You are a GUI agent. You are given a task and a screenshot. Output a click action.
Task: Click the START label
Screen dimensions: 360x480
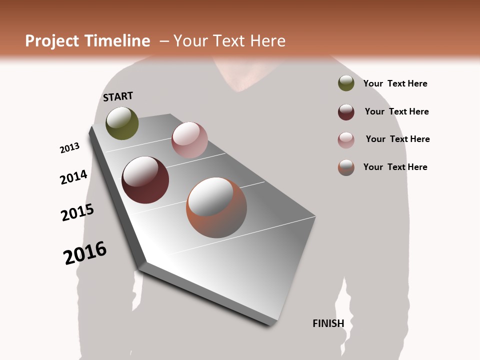coord(118,96)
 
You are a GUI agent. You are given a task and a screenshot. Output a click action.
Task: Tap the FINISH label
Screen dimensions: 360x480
coord(328,323)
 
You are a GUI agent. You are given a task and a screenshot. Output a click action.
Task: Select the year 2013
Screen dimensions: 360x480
coord(69,148)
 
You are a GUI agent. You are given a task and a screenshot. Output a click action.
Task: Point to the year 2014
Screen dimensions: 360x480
coord(73,177)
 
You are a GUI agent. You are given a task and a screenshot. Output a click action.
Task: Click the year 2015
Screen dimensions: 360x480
coord(77,212)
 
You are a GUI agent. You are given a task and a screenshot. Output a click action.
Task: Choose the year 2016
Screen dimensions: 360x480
coord(85,253)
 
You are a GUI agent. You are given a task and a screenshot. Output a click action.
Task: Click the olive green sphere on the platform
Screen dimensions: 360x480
coord(122,123)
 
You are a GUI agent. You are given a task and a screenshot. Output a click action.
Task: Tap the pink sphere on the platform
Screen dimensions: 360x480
coord(189,139)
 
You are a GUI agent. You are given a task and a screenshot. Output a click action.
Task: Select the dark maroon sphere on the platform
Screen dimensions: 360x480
coord(145,180)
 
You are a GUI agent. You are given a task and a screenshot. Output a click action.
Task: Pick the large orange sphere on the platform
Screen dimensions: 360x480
coord(216,207)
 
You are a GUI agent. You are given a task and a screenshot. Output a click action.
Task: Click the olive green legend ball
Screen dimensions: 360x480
coord(346,83)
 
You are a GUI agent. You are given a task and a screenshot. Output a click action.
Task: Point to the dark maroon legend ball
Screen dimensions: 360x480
coord(346,111)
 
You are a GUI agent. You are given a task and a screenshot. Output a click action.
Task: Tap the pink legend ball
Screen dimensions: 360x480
coord(346,139)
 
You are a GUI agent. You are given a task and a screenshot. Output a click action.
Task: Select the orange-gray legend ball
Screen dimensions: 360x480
coord(346,167)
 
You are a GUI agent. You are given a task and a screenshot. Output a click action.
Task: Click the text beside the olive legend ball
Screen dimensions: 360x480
coord(395,83)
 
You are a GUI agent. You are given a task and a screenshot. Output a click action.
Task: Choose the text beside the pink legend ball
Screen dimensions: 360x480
coord(397,139)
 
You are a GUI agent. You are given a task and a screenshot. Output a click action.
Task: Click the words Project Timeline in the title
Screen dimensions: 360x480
coord(87,41)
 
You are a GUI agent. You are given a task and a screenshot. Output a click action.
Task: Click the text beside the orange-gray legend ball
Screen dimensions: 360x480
coord(395,167)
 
